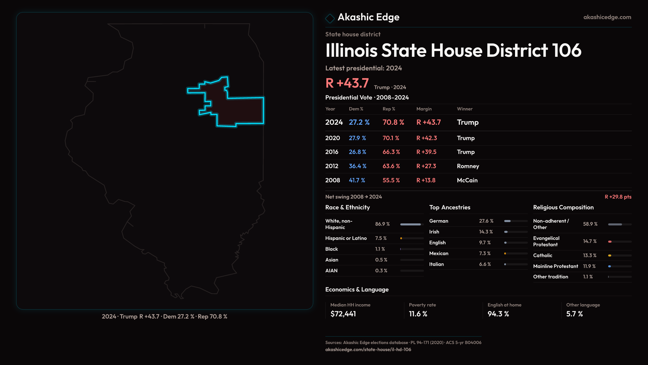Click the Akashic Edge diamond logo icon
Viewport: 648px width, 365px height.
coord(330,18)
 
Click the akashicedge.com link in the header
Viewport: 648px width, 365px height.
coord(607,17)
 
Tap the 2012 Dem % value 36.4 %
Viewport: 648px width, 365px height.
coord(357,166)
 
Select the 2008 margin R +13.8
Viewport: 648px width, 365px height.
coord(426,180)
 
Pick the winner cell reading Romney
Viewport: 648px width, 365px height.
coord(468,166)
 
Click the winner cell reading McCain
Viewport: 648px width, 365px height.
coord(467,180)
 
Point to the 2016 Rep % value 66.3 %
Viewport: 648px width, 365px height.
coord(391,152)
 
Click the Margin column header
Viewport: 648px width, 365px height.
coord(424,109)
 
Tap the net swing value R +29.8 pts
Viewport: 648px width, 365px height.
coord(618,197)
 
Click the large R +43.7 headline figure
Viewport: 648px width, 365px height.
coord(347,83)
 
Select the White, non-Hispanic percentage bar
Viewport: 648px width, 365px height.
coord(412,224)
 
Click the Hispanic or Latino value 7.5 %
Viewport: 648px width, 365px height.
coord(381,238)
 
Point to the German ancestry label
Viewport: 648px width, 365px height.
coord(439,221)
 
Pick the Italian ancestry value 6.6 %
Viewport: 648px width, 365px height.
coord(485,264)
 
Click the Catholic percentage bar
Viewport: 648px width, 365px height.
coord(619,255)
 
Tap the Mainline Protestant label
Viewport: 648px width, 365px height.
coord(556,266)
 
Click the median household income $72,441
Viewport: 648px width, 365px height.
coord(343,314)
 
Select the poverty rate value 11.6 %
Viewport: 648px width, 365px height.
coord(418,314)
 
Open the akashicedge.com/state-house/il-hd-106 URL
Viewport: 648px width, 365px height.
coord(368,349)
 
